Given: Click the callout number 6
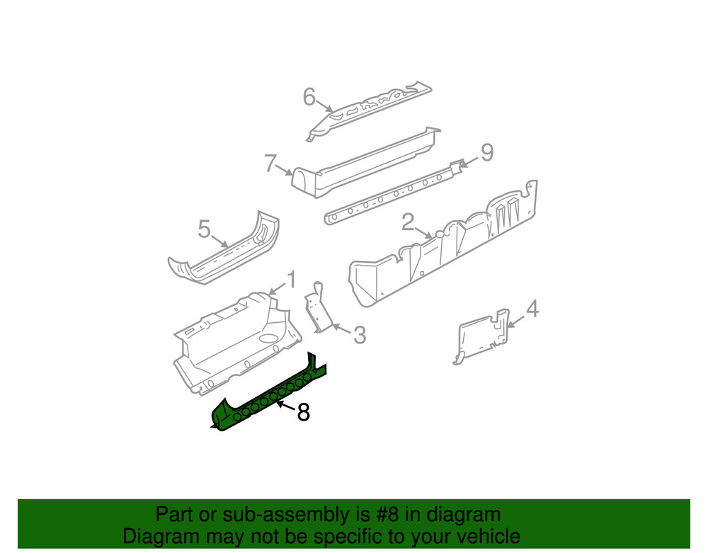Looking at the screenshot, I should (309, 97).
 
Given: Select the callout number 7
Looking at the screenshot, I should (270, 164).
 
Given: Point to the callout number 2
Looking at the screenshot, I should (408, 222).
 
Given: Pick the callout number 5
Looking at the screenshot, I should (204, 229).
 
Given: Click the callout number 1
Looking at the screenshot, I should (290, 280).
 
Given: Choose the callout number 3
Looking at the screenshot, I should (360, 334).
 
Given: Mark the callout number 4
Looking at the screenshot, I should (532, 309).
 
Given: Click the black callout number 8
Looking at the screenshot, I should (303, 412).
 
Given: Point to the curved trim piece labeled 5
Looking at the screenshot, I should (227, 251).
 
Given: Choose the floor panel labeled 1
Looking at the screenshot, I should (234, 340).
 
